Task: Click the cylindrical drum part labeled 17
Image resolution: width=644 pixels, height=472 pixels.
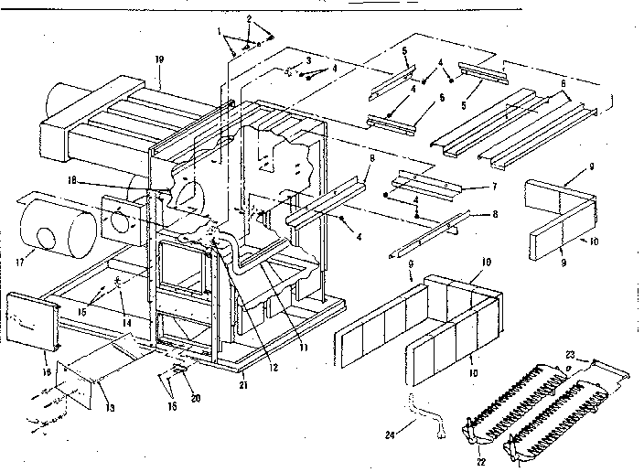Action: pyautogui.click(x=59, y=230)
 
